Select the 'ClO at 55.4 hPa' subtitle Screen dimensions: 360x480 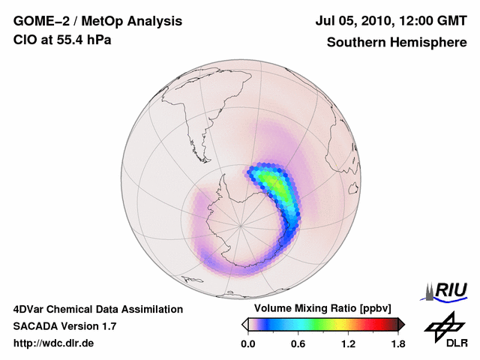pyautogui.click(x=62, y=40)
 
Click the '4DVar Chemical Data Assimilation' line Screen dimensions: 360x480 pyautogui.click(x=97, y=309)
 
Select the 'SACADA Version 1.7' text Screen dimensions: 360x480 pyautogui.click(x=64, y=326)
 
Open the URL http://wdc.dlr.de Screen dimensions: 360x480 pyautogui.click(x=54, y=343)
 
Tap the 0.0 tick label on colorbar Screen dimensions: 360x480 pyautogui.click(x=247, y=343)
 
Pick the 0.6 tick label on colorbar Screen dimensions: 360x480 pyautogui.click(x=298, y=343)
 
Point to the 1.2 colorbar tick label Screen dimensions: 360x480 pyautogui.click(x=347, y=343)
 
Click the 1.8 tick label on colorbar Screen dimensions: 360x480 pyautogui.click(x=397, y=343)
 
